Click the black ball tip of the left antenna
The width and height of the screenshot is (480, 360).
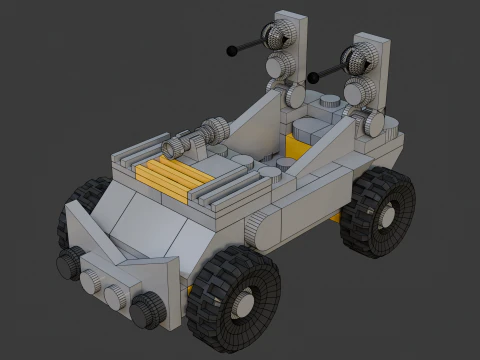pyautogui.click(x=233, y=48)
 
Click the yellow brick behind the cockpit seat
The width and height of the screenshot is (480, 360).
pyautogui.click(x=297, y=147)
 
